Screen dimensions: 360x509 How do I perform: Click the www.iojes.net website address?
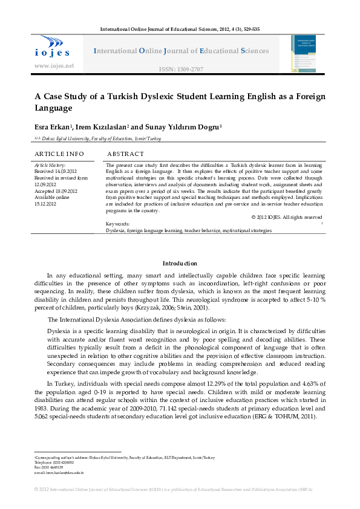[54, 65]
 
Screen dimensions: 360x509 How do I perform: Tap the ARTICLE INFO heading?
[59, 155]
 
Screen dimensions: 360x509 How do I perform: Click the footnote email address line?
[59, 473]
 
